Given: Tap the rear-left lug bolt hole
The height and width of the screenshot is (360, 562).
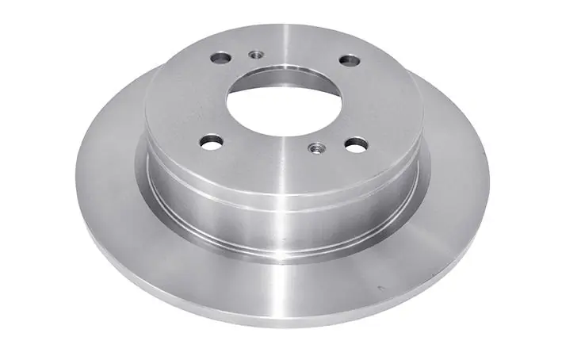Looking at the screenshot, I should (220, 59).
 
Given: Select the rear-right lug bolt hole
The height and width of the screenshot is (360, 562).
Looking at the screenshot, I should (348, 60).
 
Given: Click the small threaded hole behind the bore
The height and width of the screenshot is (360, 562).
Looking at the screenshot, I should (255, 55).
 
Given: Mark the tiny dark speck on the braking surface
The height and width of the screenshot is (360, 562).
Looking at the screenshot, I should (380, 287).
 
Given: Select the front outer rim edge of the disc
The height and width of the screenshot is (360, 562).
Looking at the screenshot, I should (277, 321).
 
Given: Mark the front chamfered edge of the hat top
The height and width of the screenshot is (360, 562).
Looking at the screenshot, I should (281, 183).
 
